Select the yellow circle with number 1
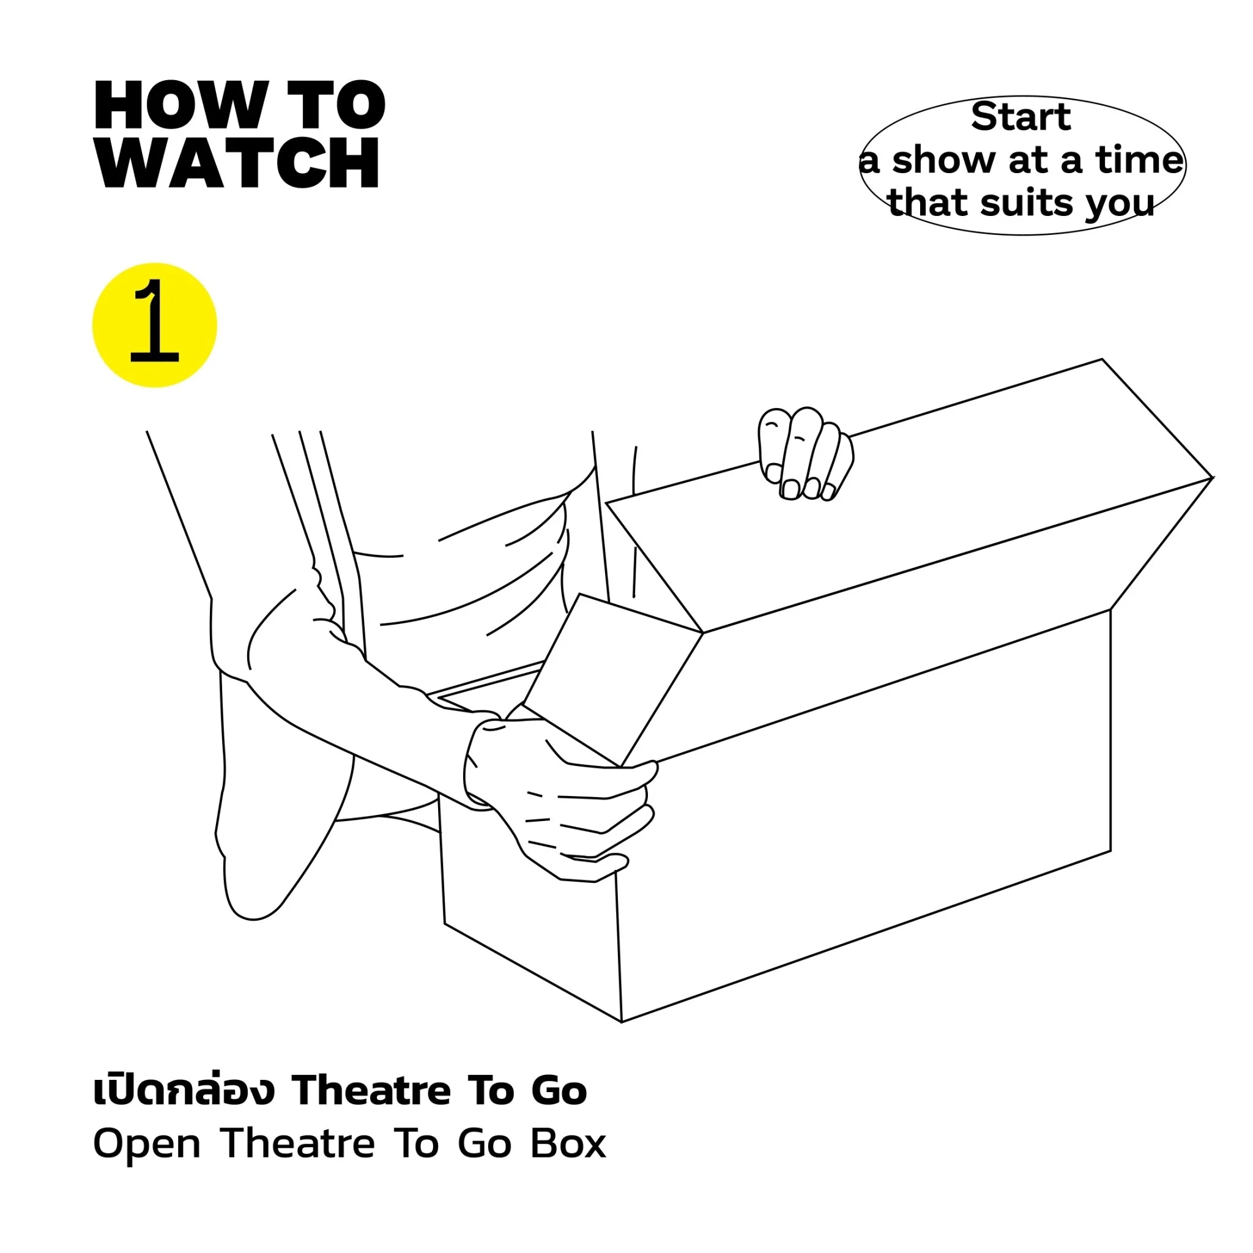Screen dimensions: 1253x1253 (154, 325)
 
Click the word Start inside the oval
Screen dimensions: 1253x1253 (1021, 117)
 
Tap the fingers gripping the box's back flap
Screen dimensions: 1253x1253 (806, 454)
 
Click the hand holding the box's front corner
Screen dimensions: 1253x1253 (561, 799)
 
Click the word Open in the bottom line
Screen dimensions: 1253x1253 (147, 1145)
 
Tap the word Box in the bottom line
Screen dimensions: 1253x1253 (568, 1144)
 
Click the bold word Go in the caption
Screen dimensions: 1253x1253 (559, 1092)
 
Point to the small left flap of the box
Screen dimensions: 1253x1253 (613, 678)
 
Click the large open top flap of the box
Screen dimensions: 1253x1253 (908, 496)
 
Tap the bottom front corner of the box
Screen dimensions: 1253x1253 (622, 1022)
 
